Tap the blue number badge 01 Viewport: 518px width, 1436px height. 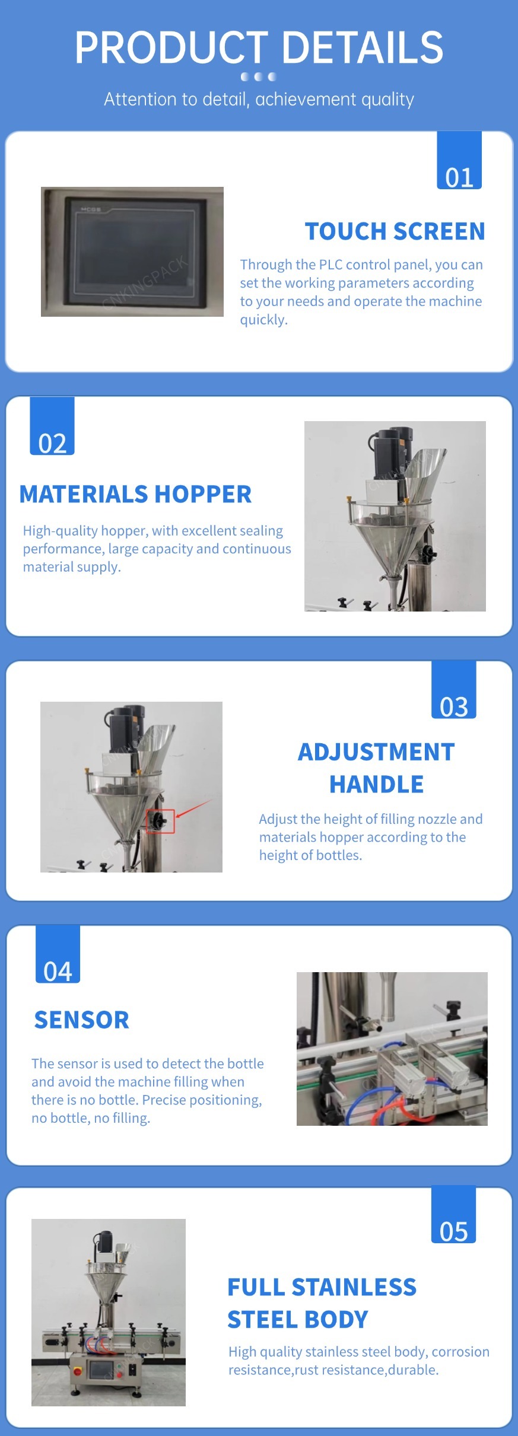(459, 160)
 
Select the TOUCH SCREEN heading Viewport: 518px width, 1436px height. (395, 231)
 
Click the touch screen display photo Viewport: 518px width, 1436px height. (132, 251)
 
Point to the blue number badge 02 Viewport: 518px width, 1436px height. (52, 426)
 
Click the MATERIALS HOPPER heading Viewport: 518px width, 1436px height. (135, 494)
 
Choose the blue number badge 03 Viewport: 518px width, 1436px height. (454, 690)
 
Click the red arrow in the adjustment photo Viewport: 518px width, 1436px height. (193, 808)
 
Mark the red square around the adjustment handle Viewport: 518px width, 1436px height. (160, 821)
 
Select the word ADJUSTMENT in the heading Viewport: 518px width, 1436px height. (376, 752)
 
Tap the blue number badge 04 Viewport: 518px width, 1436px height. (58, 954)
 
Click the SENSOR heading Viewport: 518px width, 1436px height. (82, 1020)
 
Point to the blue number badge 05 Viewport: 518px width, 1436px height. (453, 1215)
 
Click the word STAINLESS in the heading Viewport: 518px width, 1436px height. (354, 1287)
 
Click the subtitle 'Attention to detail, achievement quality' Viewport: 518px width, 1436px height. (259, 99)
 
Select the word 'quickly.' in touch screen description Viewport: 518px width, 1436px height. (263, 320)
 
